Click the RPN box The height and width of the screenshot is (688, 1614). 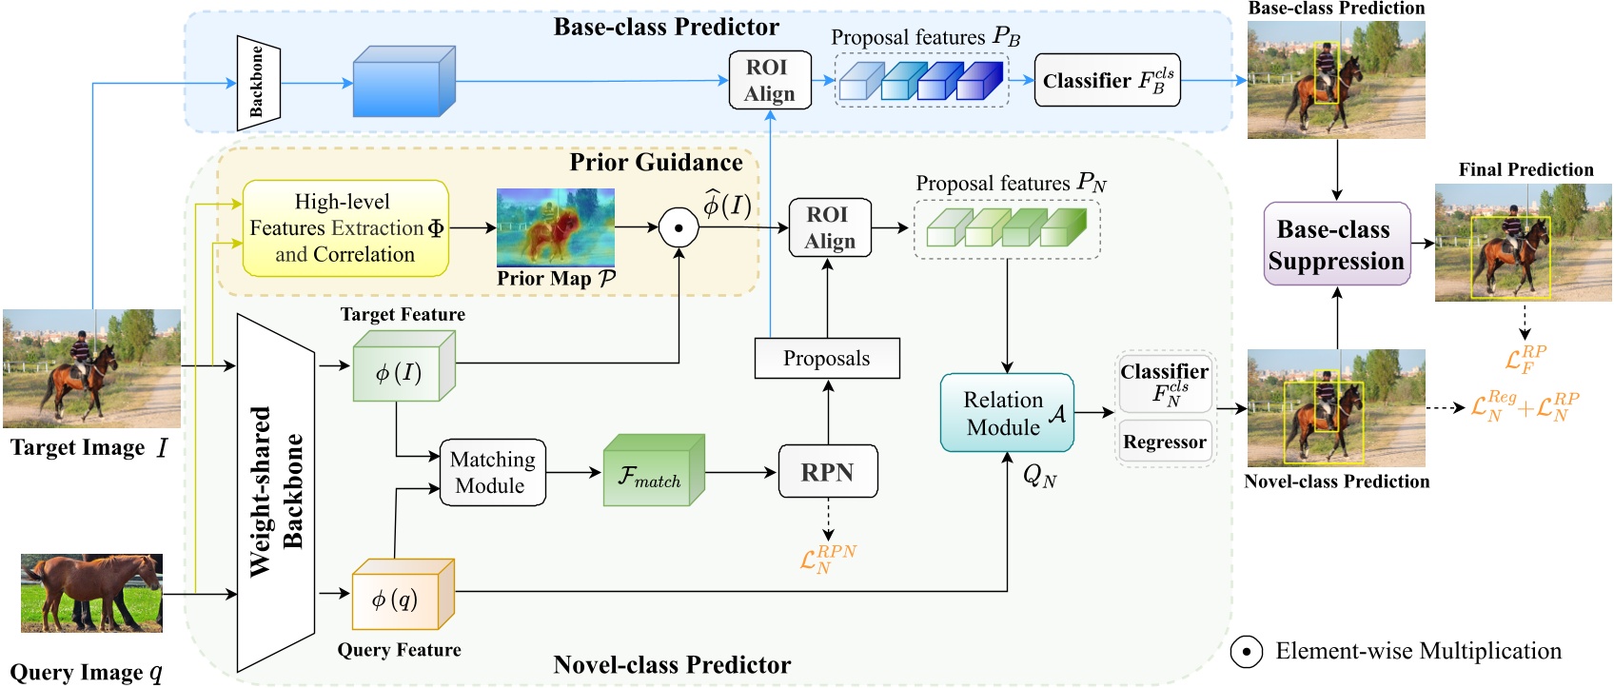click(x=827, y=472)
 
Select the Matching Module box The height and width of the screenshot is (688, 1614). click(x=492, y=472)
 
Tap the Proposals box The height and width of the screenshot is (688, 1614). click(x=826, y=359)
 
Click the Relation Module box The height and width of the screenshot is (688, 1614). click(x=1007, y=413)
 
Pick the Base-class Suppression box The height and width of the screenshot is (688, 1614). click(x=1336, y=245)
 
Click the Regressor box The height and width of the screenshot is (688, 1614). click(x=1164, y=442)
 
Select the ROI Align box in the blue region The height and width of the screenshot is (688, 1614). click(x=769, y=80)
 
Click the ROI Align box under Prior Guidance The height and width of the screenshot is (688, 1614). click(x=829, y=227)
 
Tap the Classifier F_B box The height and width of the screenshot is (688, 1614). click(x=1107, y=80)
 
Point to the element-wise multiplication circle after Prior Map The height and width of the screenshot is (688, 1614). click(x=679, y=227)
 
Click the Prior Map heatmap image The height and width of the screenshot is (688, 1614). click(x=556, y=227)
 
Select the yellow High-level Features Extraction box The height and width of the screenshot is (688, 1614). click(x=345, y=228)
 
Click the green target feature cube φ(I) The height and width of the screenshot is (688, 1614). click(x=400, y=371)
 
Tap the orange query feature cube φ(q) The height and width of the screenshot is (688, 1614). click(x=398, y=599)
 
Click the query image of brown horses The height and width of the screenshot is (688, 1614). click(x=91, y=593)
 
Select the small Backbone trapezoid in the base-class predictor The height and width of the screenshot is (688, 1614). click(x=257, y=83)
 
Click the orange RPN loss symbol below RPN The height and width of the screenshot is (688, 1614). click(x=827, y=559)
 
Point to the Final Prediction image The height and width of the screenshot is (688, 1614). click(x=1523, y=244)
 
